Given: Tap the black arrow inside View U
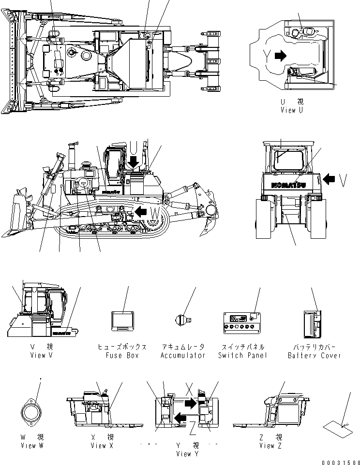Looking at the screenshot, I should coord(280,56).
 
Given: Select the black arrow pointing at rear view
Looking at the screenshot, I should coord(328,179).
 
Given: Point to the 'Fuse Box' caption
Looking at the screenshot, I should coord(122,355).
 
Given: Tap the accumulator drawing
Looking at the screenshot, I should coord(182,319).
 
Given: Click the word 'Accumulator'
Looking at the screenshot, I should coord(182,355).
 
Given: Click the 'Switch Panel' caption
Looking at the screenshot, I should coord(242,355).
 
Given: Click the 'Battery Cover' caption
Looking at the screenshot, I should coord(314,355).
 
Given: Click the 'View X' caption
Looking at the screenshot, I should coord(102,445).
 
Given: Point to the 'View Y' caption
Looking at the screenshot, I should coord(187,453).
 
